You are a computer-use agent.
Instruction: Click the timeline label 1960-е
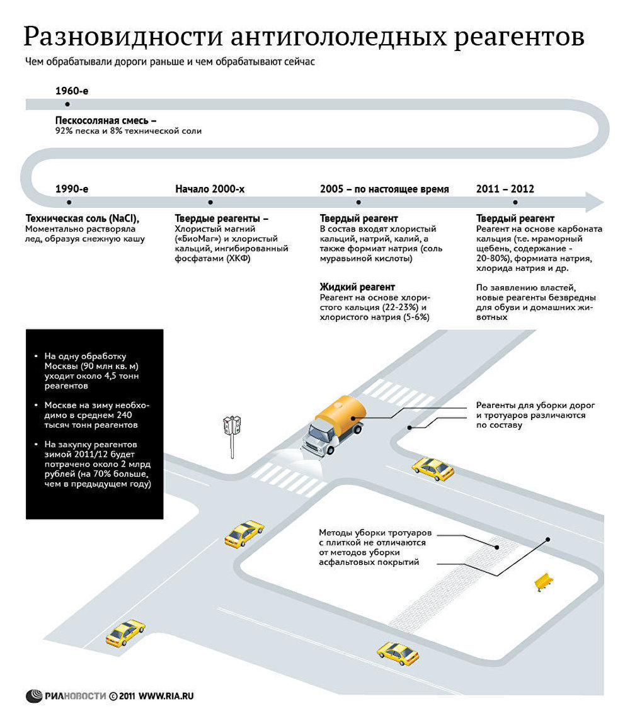72,91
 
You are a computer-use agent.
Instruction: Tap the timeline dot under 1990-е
69,202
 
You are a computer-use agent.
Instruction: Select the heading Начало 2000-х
210,189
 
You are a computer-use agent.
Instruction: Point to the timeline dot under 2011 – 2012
515,202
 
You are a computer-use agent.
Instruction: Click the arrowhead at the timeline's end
594,202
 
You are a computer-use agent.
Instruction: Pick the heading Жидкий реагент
357,287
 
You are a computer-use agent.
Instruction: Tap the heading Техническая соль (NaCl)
83,219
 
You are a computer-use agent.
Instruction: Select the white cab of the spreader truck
318,437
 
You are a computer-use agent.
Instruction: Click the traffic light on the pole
232,425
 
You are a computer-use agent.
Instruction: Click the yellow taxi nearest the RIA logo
125,632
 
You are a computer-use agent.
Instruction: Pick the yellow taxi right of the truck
433,469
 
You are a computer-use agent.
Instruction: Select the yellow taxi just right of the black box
244,534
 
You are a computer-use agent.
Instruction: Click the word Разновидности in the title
123,37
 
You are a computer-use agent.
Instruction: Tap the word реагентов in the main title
519,38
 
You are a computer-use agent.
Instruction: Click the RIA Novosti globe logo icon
34,696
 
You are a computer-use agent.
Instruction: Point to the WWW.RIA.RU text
166,696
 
